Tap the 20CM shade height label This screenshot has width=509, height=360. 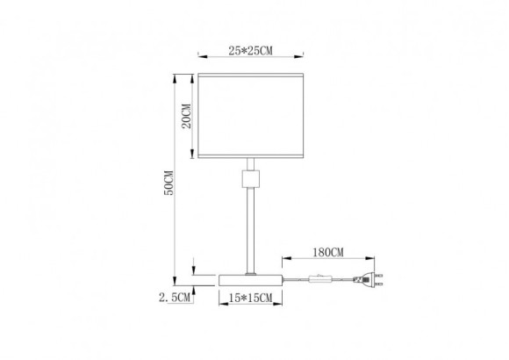185,118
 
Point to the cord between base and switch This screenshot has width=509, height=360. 297,279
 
